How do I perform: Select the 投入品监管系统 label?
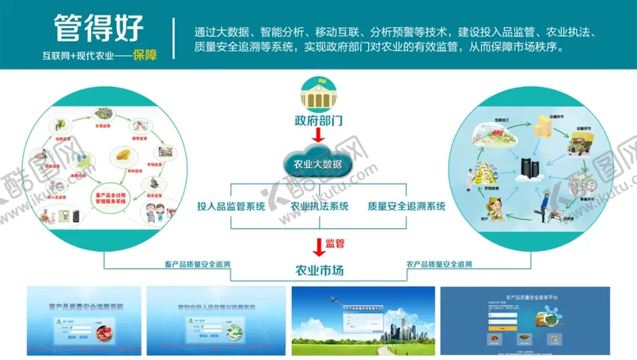coord(231,207)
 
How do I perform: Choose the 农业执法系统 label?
coord(320,207)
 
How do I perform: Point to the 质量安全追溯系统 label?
coord(407,207)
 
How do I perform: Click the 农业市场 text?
coord(319,270)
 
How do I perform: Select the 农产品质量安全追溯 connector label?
coord(439,264)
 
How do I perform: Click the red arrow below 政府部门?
coord(318,136)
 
